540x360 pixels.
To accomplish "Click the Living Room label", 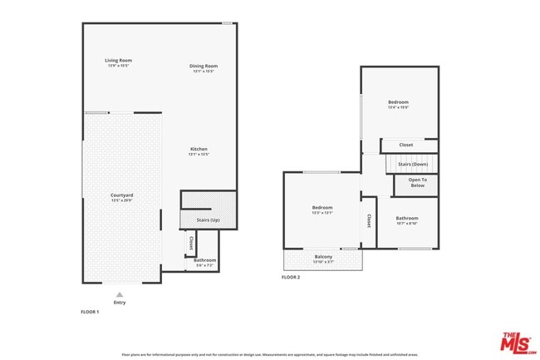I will click(x=119, y=60).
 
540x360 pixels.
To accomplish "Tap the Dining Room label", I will click(x=204, y=66).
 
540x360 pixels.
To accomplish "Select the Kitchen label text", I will click(x=198, y=149).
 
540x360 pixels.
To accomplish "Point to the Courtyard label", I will click(x=122, y=195).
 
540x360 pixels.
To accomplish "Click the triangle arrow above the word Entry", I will click(x=120, y=293).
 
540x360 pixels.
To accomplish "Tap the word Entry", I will click(x=120, y=303).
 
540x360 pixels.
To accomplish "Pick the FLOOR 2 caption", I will click(x=290, y=277).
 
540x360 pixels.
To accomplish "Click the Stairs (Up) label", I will click(x=208, y=220).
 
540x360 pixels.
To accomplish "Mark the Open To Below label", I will click(x=417, y=182).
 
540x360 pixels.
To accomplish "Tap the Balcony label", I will click(x=323, y=257).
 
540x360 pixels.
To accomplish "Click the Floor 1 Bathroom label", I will click(x=204, y=260).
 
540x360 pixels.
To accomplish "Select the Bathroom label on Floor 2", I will click(x=407, y=218).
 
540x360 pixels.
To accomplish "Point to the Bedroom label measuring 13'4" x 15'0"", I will click(x=398, y=102).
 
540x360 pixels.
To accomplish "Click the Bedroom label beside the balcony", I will click(x=322, y=207).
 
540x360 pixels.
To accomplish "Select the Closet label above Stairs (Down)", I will click(x=405, y=145).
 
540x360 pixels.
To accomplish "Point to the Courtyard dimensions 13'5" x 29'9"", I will click(x=122, y=200).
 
